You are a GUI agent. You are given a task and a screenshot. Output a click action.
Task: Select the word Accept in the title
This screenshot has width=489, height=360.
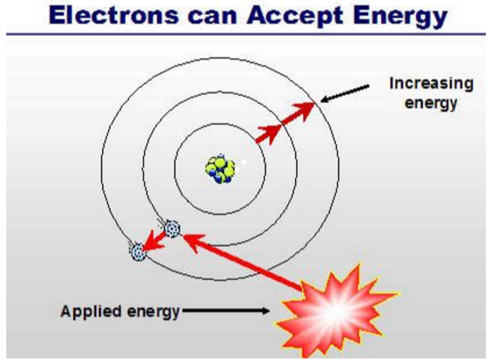(x=295, y=17)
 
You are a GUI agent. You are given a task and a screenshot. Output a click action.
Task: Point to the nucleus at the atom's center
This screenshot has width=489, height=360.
(x=221, y=169)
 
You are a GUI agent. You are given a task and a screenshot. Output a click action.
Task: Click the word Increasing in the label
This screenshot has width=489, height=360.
(x=431, y=84)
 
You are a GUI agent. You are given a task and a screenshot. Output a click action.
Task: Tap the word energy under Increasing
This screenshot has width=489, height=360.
(x=431, y=104)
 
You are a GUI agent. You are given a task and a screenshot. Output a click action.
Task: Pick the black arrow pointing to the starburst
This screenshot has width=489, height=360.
(x=226, y=311)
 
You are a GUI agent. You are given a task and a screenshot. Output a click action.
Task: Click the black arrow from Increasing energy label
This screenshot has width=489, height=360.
(x=345, y=93)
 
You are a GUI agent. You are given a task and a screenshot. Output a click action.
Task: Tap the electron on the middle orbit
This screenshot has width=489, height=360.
(x=172, y=228)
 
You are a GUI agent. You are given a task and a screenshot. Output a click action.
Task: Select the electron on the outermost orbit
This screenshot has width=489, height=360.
(x=137, y=252)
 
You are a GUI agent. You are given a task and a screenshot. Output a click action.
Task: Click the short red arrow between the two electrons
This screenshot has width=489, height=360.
(x=154, y=240)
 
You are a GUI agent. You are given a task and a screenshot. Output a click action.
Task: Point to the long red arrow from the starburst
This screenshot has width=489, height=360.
(x=243, y=262)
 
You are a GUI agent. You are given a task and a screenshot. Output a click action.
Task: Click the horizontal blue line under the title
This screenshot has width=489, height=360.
(x=246, y=34)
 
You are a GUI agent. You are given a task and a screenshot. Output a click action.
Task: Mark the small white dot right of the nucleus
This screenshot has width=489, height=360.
(x=244, y=162)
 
